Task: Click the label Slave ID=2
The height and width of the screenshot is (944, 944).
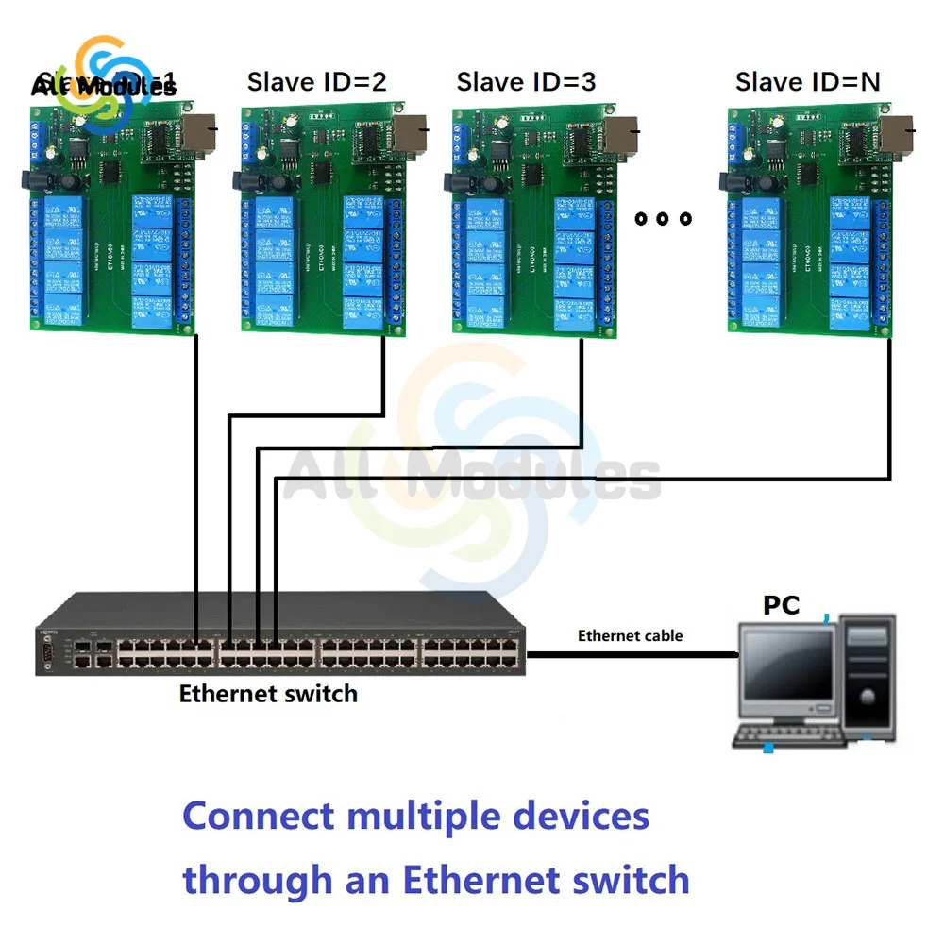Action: pos(316,82)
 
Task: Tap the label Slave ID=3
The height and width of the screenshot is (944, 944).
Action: pos(526,82)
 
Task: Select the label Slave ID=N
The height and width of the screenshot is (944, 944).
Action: pos(807,82)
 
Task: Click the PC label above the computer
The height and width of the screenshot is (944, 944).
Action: pos(781,605)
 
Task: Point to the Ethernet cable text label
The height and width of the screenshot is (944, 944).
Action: pos(630,635)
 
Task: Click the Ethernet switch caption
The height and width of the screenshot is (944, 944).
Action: pos(268,694)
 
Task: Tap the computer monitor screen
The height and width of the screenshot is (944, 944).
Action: pos(785,671)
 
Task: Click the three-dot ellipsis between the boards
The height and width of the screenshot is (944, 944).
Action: pos(663,219)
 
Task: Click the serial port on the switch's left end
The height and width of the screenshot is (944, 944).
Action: pos(44,651)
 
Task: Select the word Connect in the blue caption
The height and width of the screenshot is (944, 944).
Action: pos(258,816)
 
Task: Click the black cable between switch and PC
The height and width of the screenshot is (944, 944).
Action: pos(632,653)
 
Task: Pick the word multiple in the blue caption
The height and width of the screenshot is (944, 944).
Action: pos(423,816)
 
